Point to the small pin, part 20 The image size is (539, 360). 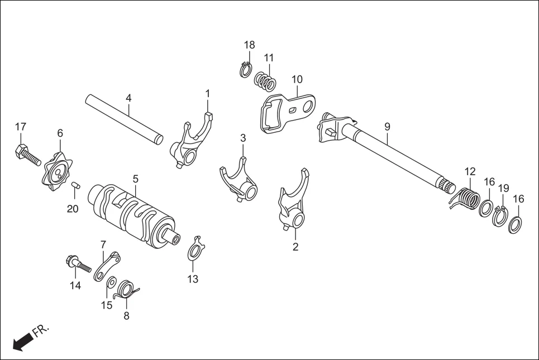tap(76, 185)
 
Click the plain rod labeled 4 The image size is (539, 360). tap(124, 119)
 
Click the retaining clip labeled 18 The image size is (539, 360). tap(245, 70)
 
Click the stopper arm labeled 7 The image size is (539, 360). tap(107, 266)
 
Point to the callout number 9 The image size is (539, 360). tap(387, 127)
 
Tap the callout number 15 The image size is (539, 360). tap(106, 305)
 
